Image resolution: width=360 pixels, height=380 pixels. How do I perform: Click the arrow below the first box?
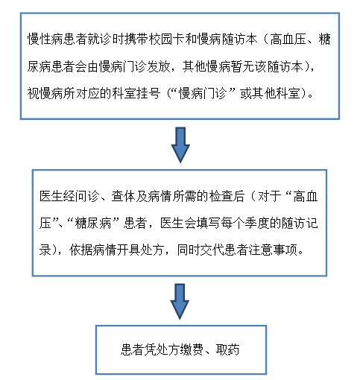coord(180,145)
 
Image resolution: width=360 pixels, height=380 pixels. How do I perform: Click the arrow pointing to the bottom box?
coord(180,302)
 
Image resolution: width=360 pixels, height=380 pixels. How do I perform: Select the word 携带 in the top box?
coord(136,39)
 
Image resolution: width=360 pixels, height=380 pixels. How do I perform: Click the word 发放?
coord(159,66)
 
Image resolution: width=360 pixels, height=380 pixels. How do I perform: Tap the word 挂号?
coord(148,94)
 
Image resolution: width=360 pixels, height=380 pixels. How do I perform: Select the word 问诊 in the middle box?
coord(87,196)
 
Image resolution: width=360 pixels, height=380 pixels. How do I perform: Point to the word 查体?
coord(123,196)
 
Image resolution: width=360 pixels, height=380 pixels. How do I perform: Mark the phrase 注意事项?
coord(274,250)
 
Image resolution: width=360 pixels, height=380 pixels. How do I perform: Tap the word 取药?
coord(228,349)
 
